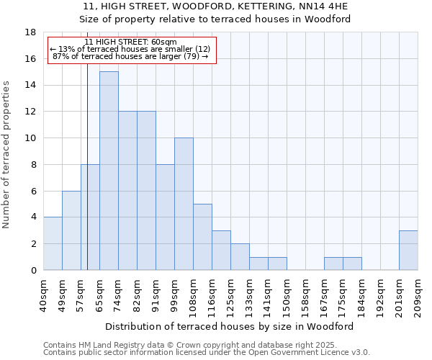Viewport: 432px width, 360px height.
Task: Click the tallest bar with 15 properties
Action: tap(109, 171)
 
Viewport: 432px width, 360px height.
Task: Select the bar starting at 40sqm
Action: tap(53, 243)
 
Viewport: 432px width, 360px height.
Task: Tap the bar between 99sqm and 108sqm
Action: tap(184, 204)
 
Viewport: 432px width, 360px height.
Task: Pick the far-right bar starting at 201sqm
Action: tap(408, 250)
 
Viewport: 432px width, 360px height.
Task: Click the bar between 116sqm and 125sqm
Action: tap(221, 250)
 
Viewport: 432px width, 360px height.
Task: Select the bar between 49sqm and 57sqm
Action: tap(71, 230)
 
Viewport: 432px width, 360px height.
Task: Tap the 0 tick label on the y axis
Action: tap(33, 270)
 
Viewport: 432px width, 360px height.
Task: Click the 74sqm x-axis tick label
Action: tap(119, 292)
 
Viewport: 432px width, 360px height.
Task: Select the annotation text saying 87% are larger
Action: tap(131, 56)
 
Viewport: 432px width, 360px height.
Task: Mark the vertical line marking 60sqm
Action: tap(87, 180)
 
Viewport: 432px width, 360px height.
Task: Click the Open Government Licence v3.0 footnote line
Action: tap(207, 353)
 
